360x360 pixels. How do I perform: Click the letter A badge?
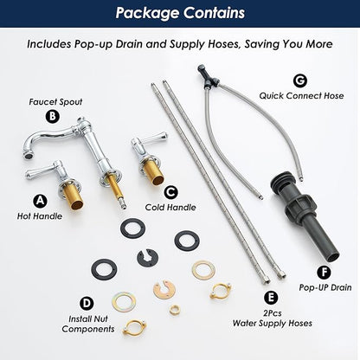[40, 201]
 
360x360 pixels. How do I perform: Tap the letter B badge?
[53, 116]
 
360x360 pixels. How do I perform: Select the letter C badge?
[171, 192]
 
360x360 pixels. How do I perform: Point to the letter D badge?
[87, 303]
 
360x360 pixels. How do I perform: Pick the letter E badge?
[271, 298]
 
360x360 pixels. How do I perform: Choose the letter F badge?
[324, 272]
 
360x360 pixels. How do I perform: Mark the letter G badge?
[300, 80]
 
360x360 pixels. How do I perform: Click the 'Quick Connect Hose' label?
[301, 96]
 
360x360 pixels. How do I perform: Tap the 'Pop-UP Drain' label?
[325, 287]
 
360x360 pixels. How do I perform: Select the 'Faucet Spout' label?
[55, 102]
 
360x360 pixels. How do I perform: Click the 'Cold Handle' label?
[170, 208]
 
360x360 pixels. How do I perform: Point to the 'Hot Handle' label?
[40, 216]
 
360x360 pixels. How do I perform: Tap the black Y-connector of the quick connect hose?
[209, 77]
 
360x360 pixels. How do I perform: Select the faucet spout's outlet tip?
[27, 157]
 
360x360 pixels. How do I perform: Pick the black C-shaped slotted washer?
[147, 257]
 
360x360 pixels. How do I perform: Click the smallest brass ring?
[174, 310]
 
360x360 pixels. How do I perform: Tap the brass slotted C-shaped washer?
[164, 289]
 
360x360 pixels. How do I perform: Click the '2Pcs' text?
[273, 313]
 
